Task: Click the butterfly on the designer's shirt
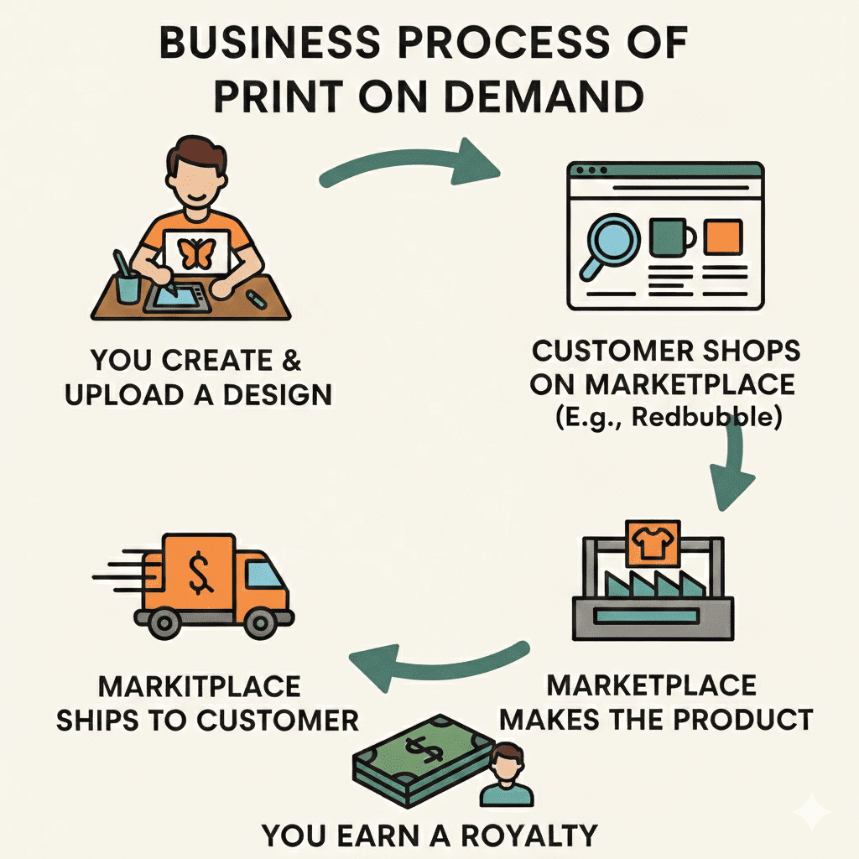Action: tap(198, 252)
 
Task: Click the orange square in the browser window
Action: tap(722, 237)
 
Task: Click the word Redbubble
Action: tap(706, 417)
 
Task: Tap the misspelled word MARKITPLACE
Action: tap(199, 687)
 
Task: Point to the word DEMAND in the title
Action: tap(532, 98)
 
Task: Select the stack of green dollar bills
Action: tap(419, 763)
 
